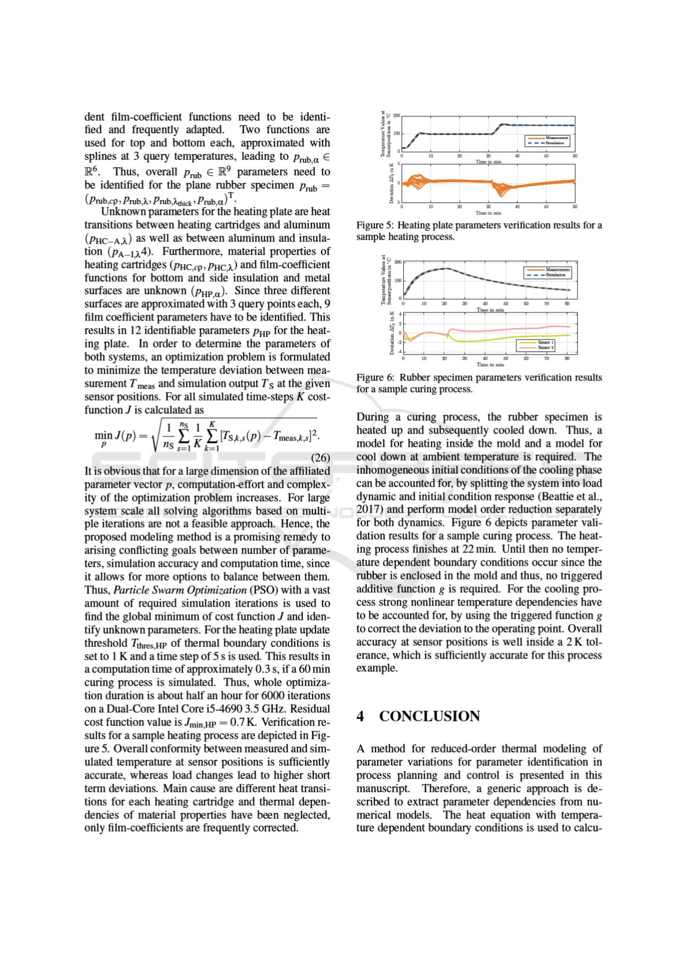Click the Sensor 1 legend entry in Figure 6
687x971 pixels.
545,343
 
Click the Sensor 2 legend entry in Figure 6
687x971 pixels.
545,348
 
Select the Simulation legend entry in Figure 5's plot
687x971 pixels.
554,142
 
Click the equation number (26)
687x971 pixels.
321,458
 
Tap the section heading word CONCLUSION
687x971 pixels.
429,716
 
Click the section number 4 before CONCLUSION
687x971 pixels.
361,716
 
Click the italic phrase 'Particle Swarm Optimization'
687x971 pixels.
180,590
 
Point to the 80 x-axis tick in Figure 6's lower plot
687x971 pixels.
567,359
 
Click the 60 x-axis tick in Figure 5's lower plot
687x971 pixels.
575,206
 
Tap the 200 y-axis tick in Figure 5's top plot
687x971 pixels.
397,116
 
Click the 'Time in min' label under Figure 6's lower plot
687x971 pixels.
490,364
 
